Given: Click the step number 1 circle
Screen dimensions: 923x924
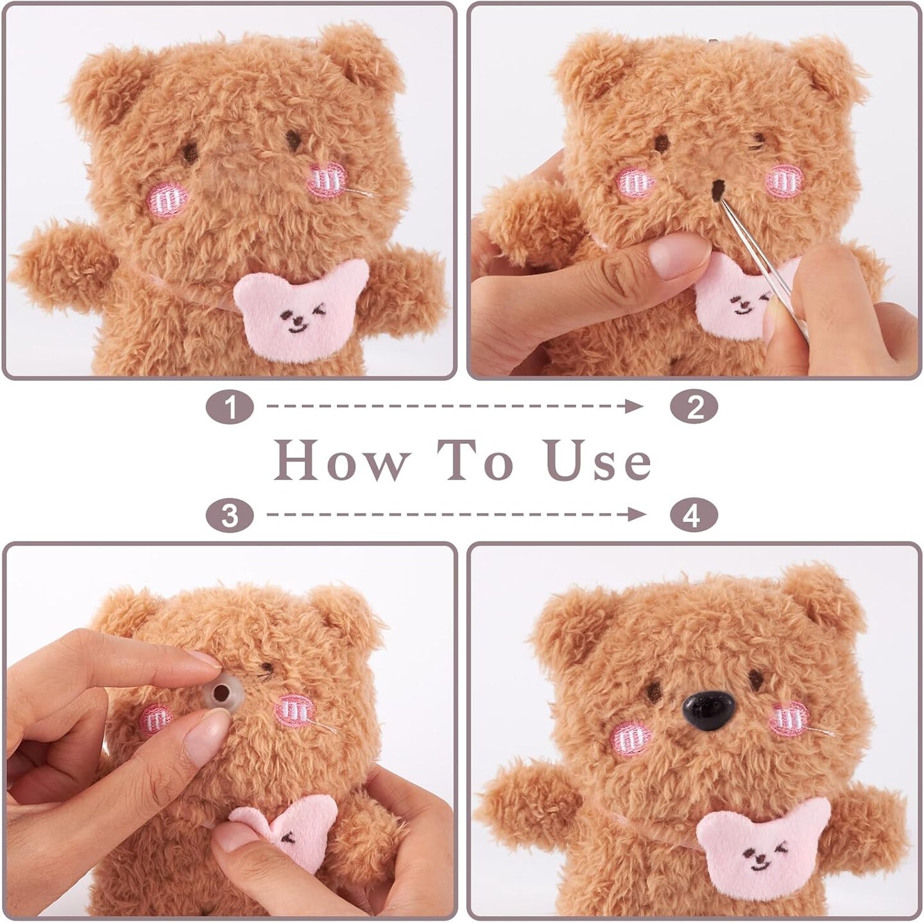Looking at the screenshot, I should click(x=230, y=407).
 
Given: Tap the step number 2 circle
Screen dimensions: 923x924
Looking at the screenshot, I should click(x=694, y=407).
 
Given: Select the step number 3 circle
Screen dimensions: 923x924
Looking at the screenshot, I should click(x=230, y=515).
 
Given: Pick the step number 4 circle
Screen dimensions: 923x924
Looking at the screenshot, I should click(x=694, y=515).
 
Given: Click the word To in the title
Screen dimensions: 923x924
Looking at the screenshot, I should click(x=475, y=461).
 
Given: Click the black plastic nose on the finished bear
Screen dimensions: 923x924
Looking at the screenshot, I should click(x=704, y=711).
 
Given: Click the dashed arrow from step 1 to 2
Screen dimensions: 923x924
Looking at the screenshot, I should click(x=454, y=406).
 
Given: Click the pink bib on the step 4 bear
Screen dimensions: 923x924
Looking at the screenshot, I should click(x=762, y=845).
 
